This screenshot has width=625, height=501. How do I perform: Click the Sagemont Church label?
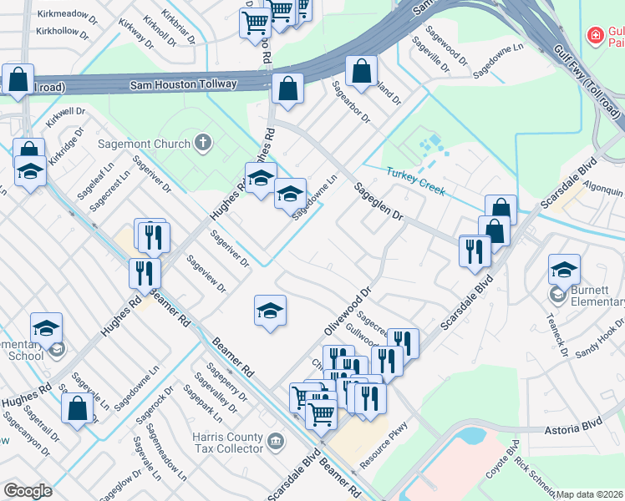[144, 143]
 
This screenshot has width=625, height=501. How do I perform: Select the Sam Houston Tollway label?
[184, 84]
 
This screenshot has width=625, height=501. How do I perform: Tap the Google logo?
[28, 491]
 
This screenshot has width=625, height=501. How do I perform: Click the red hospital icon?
[595, 36]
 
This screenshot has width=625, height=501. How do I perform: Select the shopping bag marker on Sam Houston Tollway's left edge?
[18, 79]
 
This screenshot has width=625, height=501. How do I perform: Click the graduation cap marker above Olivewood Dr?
[270, 311]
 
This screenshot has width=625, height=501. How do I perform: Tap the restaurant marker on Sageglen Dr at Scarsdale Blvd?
[475, 250]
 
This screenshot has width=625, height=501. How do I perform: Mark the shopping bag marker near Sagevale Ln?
[77, 409]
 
